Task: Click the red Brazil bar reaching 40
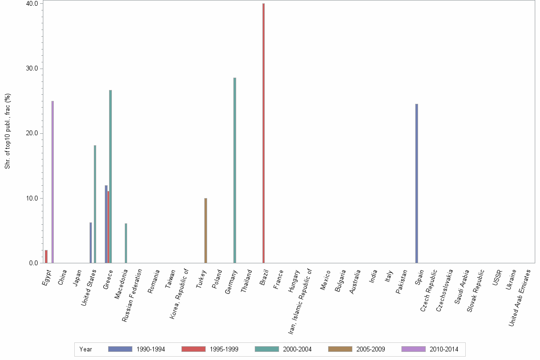(x=263, y=133)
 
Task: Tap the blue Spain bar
(x=417, y=183)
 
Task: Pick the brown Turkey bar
(x=206, y=230)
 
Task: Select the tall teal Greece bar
(x=110, y=176)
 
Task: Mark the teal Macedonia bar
(x=126, y=243)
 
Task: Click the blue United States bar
(x=90, y=242)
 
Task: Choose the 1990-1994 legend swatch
(x=120, y=349)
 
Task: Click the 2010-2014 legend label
(x=443, y=350)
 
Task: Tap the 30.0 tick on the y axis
(x=32, y=69)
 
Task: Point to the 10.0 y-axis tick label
(x=32, y=198)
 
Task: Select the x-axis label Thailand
(x=247, y=281)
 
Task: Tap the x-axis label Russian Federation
(x=132, y=295)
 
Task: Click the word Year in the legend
(x=86, y=350)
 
